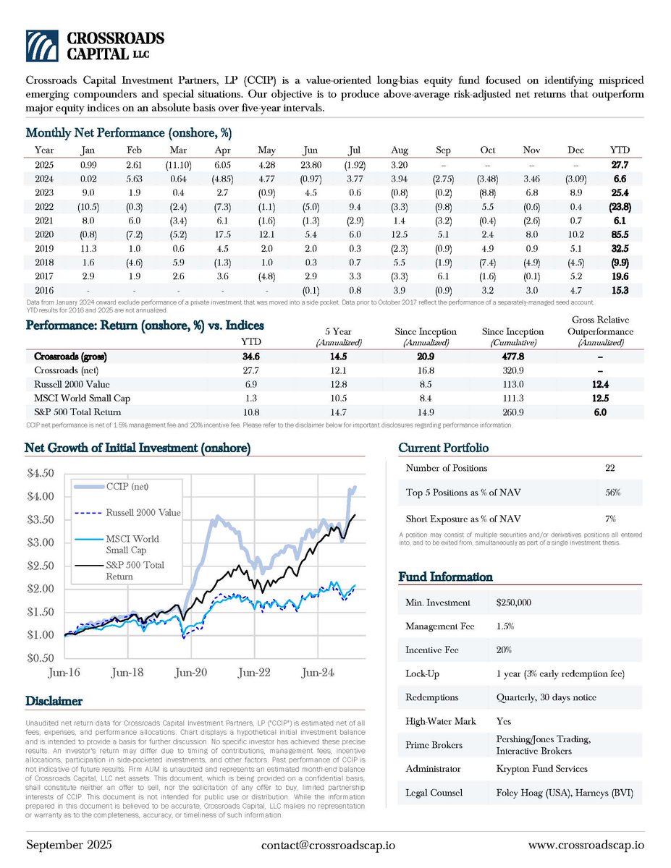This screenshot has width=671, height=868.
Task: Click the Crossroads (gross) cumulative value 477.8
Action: (512, 357)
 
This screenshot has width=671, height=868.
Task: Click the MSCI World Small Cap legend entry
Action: (132, 544)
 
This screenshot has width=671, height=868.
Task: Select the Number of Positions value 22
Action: (609, 468)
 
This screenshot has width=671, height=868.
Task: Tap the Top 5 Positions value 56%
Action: (612, 493)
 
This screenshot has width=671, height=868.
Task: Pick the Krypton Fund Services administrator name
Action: (541, 769)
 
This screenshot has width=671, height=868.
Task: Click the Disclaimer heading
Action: (54, 701)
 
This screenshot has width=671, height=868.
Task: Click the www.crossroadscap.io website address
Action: (586, 845)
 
